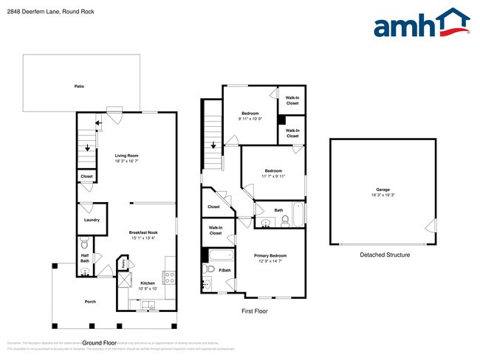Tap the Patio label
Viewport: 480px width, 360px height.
[79, 87]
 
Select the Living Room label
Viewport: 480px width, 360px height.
[126, 156]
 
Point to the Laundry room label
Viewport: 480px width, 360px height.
[92, 219]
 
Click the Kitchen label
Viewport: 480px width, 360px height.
[148, 283]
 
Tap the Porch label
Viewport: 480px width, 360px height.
[90, 302]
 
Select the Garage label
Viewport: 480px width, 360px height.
[383, 190]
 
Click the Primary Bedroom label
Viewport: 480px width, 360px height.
[270, 255]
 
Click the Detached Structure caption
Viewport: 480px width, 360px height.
[384, 255]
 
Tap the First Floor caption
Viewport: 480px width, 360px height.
[255, 311]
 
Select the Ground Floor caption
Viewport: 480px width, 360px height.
[100, 343]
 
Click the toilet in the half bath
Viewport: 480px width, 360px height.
[84, 243]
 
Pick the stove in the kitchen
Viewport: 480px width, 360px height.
[168, 277]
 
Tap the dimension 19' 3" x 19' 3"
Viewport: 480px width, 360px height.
[383, 195]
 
